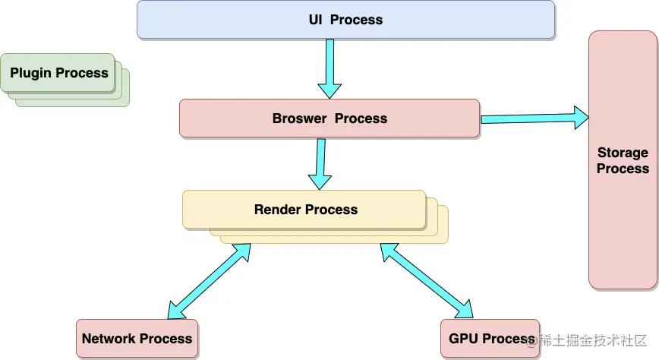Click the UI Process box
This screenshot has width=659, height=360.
[x=345, y=20]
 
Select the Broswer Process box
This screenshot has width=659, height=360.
[x=329, y=118]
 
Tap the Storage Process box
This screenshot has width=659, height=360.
[x=623, y=159]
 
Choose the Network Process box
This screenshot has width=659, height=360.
[x=137, y=338]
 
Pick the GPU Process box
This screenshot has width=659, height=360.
[x=490, y=338]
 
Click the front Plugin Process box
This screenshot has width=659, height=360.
[x=58, y=73]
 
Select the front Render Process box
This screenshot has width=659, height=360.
[x=304, y=210]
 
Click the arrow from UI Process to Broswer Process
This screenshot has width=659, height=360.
[x=329, y=69]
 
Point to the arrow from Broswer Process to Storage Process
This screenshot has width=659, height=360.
[x=534, y=118]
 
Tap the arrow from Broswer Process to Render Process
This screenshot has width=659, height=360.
[x=320, y=164]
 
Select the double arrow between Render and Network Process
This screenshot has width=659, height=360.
[x=209, y=281]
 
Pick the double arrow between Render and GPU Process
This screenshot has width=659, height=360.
[x=427, y=281]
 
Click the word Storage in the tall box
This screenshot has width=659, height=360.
[x=623, y=152]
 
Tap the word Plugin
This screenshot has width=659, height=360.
[x=30, y=73]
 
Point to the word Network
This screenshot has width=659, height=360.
[x=109, y=339]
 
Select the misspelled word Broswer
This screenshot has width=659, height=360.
[x=299, y=118]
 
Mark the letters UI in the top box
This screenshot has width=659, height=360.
[x=316, y=20]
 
